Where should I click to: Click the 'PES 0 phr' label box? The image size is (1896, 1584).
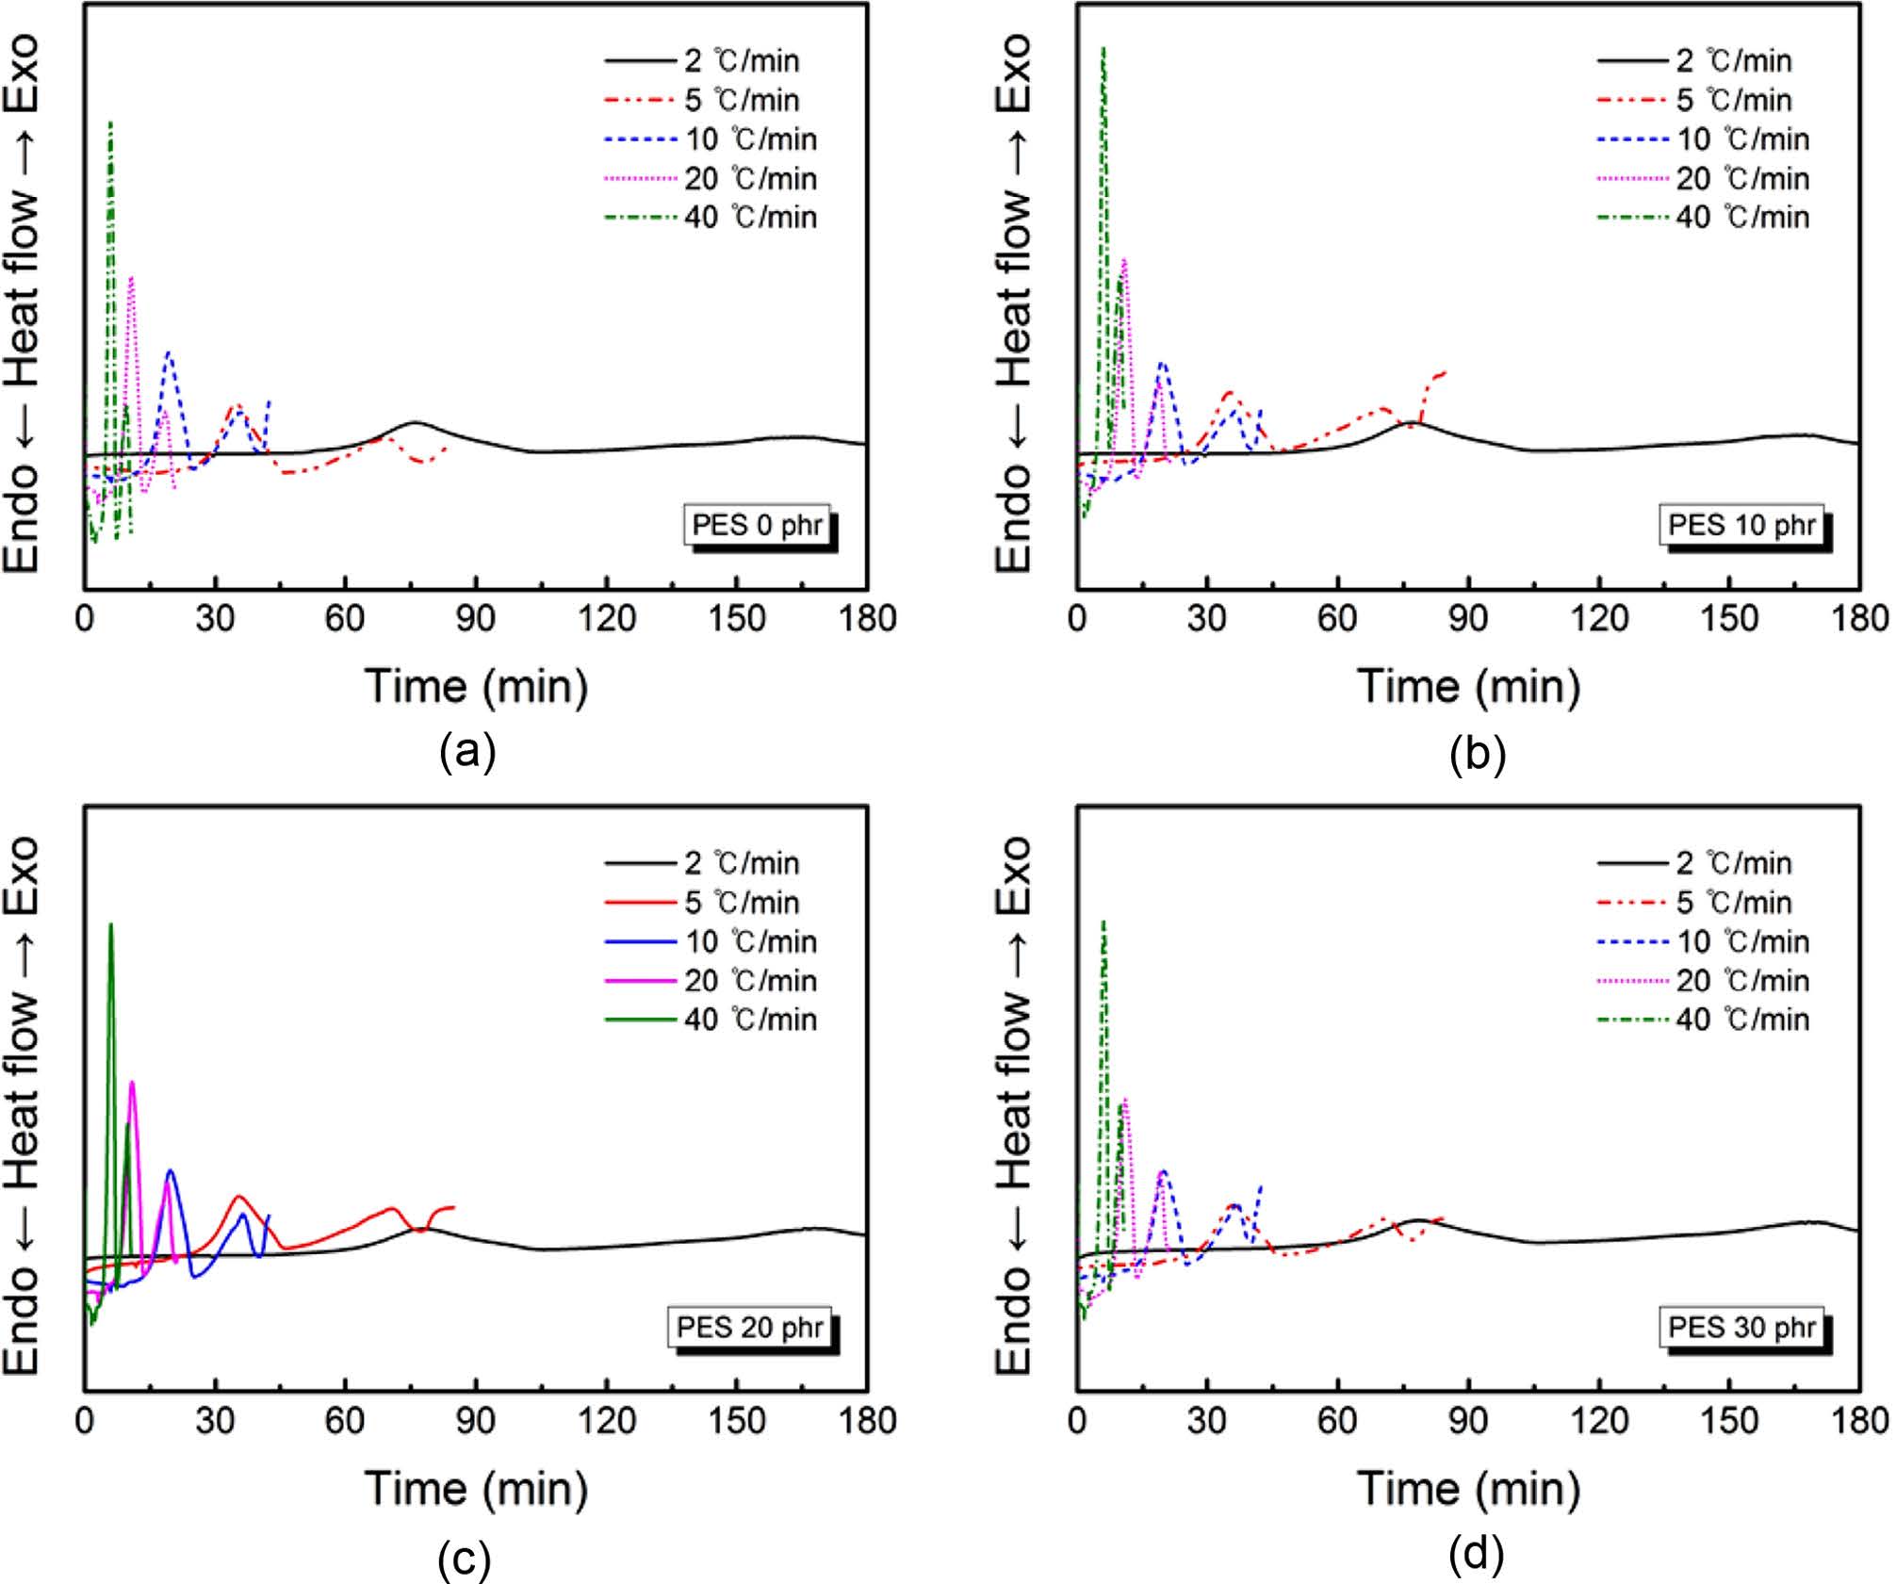click(x=758, y=525)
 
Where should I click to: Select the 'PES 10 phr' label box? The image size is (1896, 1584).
click(x=1741, y=525)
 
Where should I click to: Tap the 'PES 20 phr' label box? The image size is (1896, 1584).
click(x=750, y=1327)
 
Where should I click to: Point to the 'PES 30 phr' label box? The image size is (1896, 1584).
click(x=1741, y=1327)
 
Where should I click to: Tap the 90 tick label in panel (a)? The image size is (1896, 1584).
click(x=475, y=619)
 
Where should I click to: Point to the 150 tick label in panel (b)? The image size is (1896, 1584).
click(x=1729, y=619)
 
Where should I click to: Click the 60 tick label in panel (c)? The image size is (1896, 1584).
click(x=345, y=1420)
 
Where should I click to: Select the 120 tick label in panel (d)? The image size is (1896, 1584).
click(x=1599, y=1420)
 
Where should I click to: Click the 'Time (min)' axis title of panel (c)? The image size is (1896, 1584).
click(x=476, y=1488)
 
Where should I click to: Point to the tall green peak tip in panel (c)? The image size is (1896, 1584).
click(x=111, y=924)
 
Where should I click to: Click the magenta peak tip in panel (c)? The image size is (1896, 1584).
click(x=132, y=1082)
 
